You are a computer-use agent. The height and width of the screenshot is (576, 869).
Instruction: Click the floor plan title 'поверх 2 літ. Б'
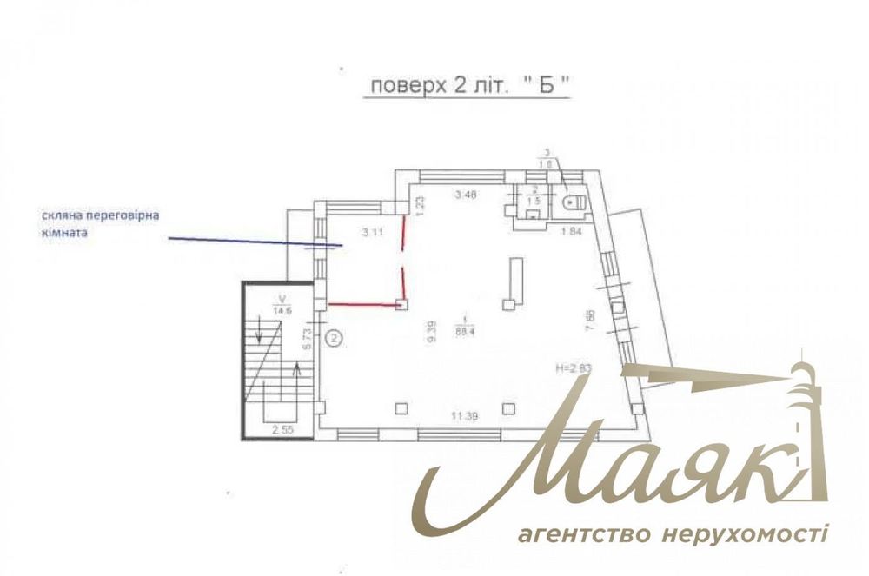[469, 87]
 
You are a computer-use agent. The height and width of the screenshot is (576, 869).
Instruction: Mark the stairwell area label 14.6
[281, 309]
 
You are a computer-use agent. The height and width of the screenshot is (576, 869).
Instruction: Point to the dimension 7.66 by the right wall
[590, 321]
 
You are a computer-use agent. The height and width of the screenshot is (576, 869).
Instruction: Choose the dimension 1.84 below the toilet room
[570, 230]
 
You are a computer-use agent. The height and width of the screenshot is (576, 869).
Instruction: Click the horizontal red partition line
[362, 304]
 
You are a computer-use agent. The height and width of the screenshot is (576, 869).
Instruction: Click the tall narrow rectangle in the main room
[516, 277]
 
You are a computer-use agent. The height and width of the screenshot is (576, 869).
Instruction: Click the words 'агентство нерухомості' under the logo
[673, 532]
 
